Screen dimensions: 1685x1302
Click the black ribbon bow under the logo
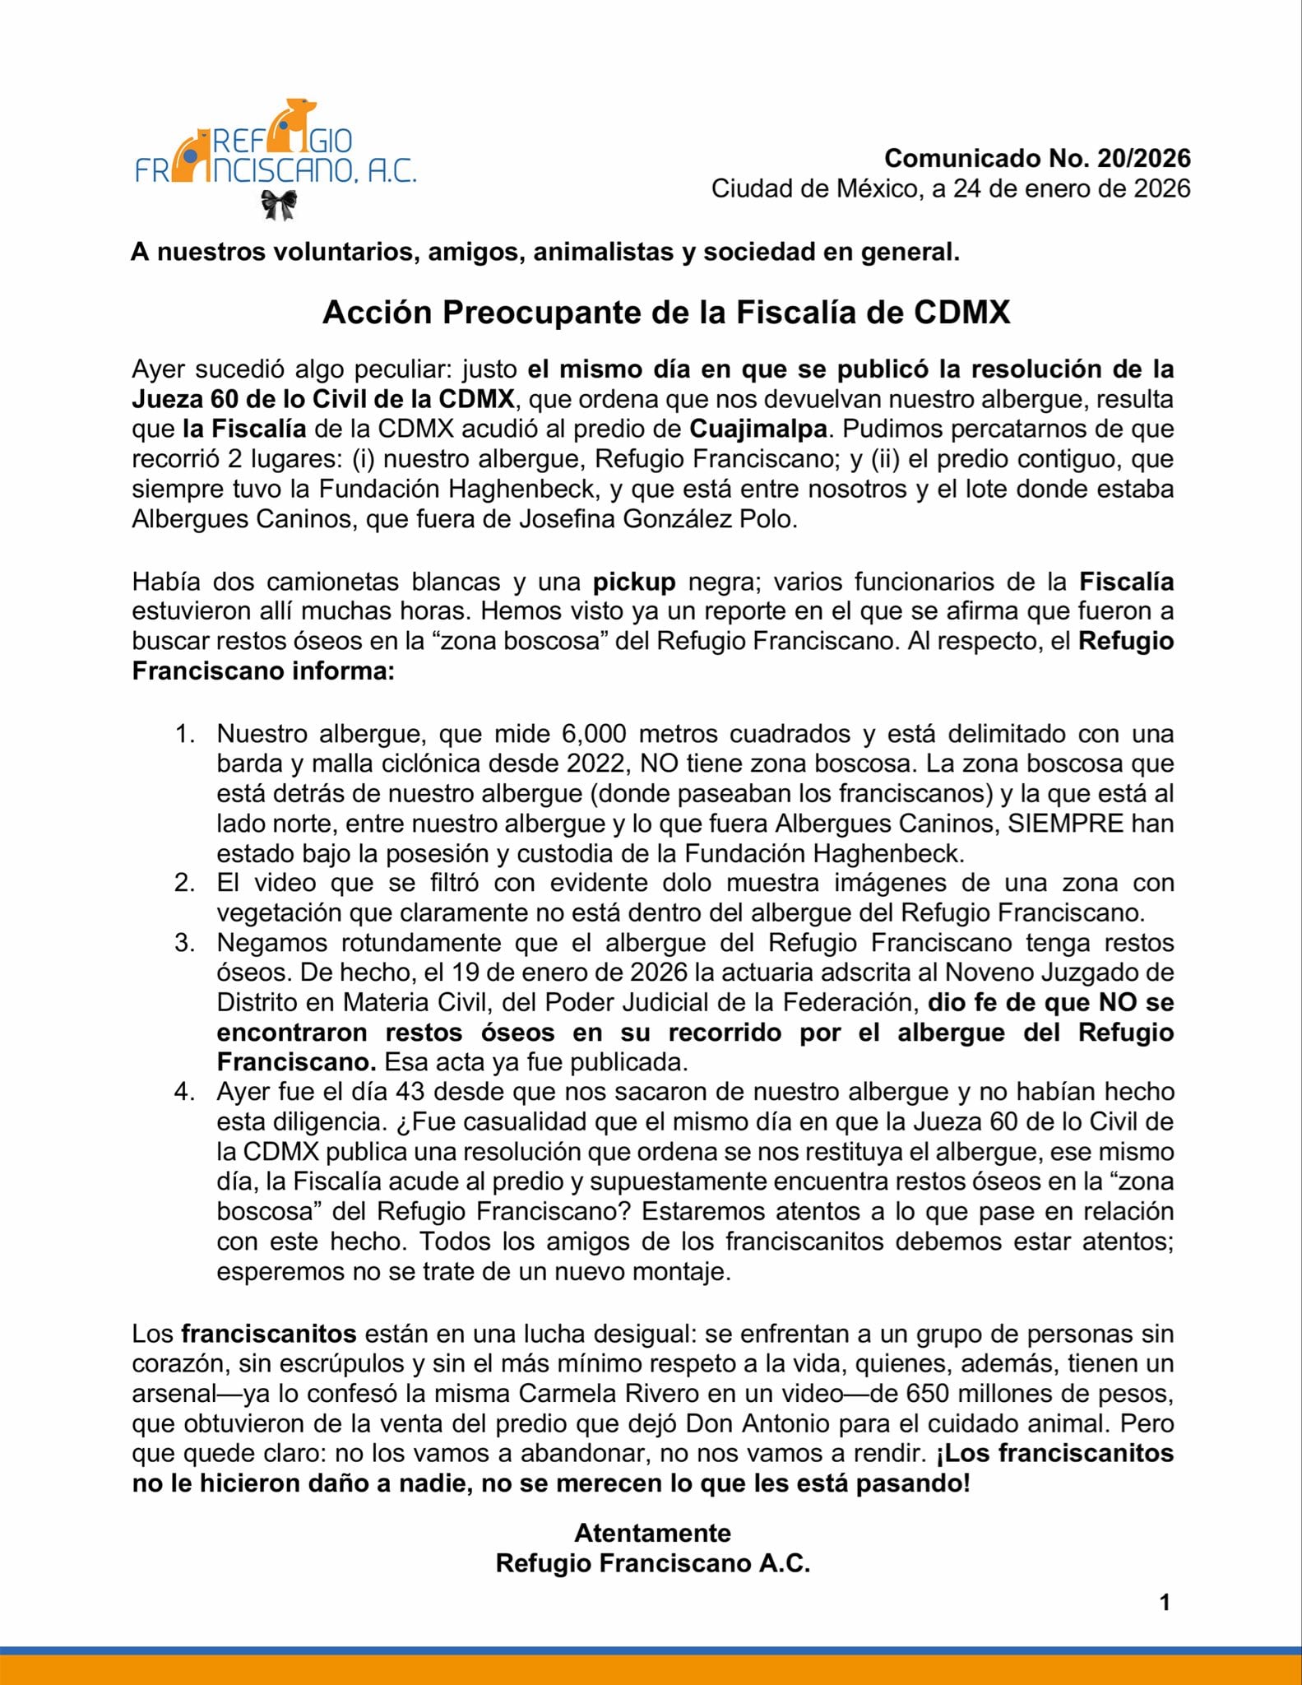pyautogui.click(x=279, y=204)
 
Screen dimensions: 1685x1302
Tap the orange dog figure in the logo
pyautogui.click(x=294, y=123)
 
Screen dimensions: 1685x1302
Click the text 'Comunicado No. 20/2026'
pyautogui.click(x=1036, y=158)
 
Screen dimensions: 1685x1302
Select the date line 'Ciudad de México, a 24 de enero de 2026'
pyautogui.click(x=950, y=188)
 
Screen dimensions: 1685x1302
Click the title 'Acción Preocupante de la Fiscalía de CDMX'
pyautogui.click(x=665, y=313)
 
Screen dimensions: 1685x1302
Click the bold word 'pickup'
pyautogui.click(x=634, y=582)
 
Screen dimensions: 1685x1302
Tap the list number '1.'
pyautogui.click(x=184, y=733)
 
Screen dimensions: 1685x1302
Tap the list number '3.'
pyautogui.click(x=184, y=942)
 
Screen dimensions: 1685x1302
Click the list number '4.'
pyautogui.click(x=184, y=1092)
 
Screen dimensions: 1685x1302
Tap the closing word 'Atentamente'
pyautogui.click(x=652, y=1533)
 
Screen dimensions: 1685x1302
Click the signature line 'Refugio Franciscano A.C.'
pyautogui.click(x=652, y=1563)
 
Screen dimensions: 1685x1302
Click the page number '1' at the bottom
pyautogui.click(x=1164, y=1603)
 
